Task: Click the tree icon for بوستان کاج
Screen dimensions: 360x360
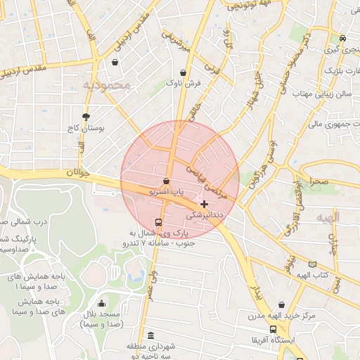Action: pyautogui.click(x=86, y=117)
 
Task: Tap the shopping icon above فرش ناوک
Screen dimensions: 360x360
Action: pyautogui.click(x=184, y=72)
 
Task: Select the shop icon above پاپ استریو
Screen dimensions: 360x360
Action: pyautogui.click(x=166, y=181)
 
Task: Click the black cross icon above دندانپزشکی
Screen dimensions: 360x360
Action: pyautogui.click(x=204, y=203)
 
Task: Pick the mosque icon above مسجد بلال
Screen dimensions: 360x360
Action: pyautogui.click(x=102, y=304)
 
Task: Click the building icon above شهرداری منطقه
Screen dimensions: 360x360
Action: pyautogui.click(x=150, y=336)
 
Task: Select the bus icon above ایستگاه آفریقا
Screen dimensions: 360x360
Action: pyautogui.click(x=273, y=329)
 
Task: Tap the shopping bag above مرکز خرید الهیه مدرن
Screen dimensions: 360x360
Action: pyautogui.click(x=282, y=305)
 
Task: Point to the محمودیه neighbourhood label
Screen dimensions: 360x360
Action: pyautogui.click(x=107, y=86)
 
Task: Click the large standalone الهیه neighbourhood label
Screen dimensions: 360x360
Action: pyautogui.click(x=327, y=217)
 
